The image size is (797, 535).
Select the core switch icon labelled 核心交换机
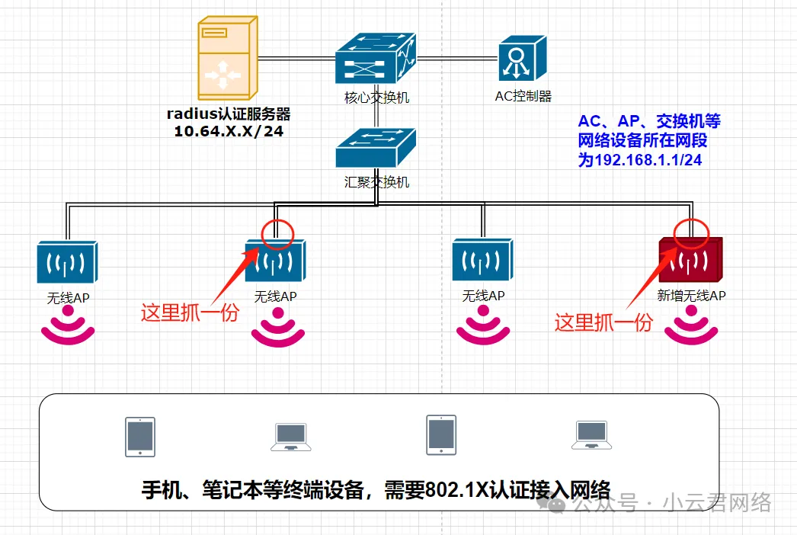[376, 59]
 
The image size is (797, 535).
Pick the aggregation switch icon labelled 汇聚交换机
[376, 148]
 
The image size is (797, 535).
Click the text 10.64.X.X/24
[229, 131]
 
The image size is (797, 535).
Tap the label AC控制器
[523, 97]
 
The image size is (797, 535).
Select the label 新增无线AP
[691, 295]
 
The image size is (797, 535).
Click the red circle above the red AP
[692, 229]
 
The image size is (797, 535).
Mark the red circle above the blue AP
[277, 235]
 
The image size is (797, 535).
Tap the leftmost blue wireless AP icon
[68, 263]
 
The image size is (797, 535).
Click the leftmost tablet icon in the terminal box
[140, 437]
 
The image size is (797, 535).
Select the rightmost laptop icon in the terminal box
[591, 435]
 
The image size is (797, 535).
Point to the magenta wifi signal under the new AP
[691, 326]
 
